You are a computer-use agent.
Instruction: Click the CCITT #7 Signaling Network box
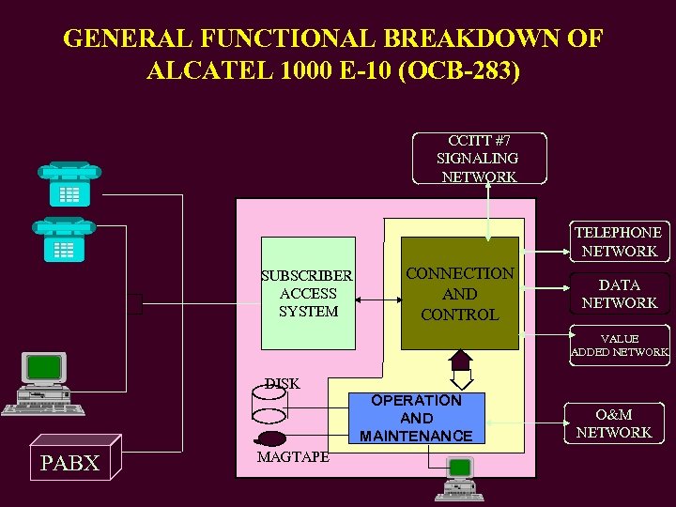477,159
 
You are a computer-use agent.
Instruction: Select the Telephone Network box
619,241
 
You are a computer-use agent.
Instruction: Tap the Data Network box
619,294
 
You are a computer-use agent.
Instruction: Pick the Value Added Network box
619,345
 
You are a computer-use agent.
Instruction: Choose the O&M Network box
613,423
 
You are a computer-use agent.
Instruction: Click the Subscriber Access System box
308,293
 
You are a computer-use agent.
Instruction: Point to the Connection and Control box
459,293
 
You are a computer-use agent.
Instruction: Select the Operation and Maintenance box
416,418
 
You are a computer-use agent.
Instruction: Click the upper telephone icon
69,183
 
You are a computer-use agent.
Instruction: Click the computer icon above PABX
43,384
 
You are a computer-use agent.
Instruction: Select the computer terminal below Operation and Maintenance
460,478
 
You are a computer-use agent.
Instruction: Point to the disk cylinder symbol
269,406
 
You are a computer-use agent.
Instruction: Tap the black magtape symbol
269,438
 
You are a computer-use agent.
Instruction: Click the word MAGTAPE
294,456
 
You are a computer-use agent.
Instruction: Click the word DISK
282,383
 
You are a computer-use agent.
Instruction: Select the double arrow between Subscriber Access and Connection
376,300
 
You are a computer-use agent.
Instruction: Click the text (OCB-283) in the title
458,70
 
